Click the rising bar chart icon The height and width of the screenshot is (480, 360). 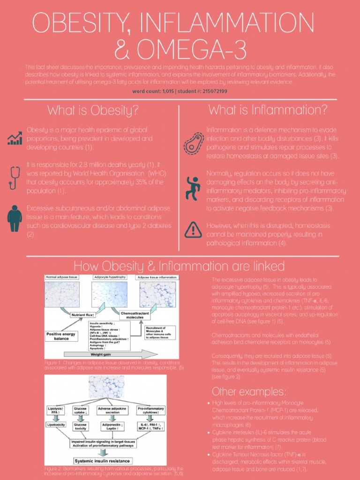(15, 137)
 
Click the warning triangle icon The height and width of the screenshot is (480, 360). (193, 229)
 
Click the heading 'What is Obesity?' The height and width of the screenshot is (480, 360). (93, 111)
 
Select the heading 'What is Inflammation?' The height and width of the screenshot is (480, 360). (268, 110)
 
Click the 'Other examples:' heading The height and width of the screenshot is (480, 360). (249, 391)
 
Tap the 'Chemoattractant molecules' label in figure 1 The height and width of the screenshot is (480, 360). (135, 315)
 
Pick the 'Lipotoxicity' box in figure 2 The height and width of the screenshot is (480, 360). (56, 425)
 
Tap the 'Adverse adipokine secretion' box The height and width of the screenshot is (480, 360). (112, 410)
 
